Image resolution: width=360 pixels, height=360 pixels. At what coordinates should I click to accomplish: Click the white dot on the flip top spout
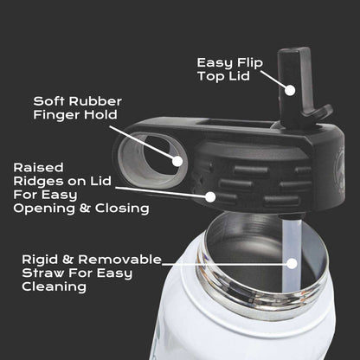tap(291, 90)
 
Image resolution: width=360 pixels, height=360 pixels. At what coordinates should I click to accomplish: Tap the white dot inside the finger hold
tap(177, 161)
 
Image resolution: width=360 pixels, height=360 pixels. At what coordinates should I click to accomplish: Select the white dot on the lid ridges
tap(210, 197)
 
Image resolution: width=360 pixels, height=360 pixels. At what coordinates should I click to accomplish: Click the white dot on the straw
tap(292, 263)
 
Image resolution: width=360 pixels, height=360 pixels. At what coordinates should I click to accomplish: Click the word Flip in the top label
tap(250, 63)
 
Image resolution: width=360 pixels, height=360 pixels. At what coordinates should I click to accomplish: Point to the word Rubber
tap(95, 101)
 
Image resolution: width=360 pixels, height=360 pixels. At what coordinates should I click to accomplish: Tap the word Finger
tap(56, 114)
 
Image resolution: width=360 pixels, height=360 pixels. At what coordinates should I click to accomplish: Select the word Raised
tap(38, 168)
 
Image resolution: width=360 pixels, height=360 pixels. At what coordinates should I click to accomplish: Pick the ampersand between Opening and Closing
tap(85, 208)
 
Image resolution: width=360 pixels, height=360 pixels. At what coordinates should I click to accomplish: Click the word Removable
tap(119, 260)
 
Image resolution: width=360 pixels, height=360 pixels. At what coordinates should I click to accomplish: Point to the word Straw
tap(42, 273)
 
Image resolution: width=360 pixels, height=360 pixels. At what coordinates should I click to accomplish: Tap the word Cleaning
tap(54, 287)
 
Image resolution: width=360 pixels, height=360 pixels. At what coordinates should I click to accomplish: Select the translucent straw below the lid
tap(292, 254)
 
